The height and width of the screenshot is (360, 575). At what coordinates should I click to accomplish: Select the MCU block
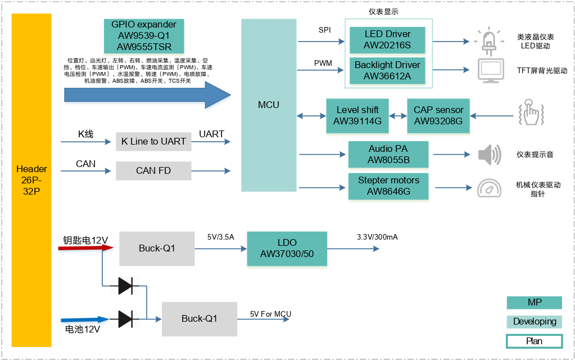tap(269, 105)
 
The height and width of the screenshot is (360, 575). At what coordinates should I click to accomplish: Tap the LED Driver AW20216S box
tap(387, 40)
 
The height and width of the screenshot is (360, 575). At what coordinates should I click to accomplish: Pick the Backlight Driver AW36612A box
tap(387, 71)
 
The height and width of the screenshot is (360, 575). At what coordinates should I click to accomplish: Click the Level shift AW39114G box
tap(357, 116)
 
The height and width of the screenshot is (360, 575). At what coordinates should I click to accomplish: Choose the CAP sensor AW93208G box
tap(438, 116)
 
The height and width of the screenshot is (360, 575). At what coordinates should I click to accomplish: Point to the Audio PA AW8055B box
tap(388, 155)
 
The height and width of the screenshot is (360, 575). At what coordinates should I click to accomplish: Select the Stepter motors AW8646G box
tap(388, 187)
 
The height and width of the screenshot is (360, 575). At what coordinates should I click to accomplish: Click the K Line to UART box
tap(153, 142)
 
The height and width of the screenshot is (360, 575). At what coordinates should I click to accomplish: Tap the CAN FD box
tap(153, 171)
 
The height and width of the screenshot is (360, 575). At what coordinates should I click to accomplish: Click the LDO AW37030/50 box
tap(287, 249)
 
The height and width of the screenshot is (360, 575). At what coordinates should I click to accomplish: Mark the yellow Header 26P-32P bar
tap(31, 180)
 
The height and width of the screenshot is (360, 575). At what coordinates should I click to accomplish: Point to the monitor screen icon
tap(489, 70)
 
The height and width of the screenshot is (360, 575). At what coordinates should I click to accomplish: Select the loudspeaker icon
tap(489, 155)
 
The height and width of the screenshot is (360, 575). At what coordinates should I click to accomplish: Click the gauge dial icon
tap(489, 187)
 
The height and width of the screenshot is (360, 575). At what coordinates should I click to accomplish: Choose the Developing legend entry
tap(534, 322)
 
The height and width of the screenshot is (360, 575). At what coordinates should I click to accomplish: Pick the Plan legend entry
tap(534, 341)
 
